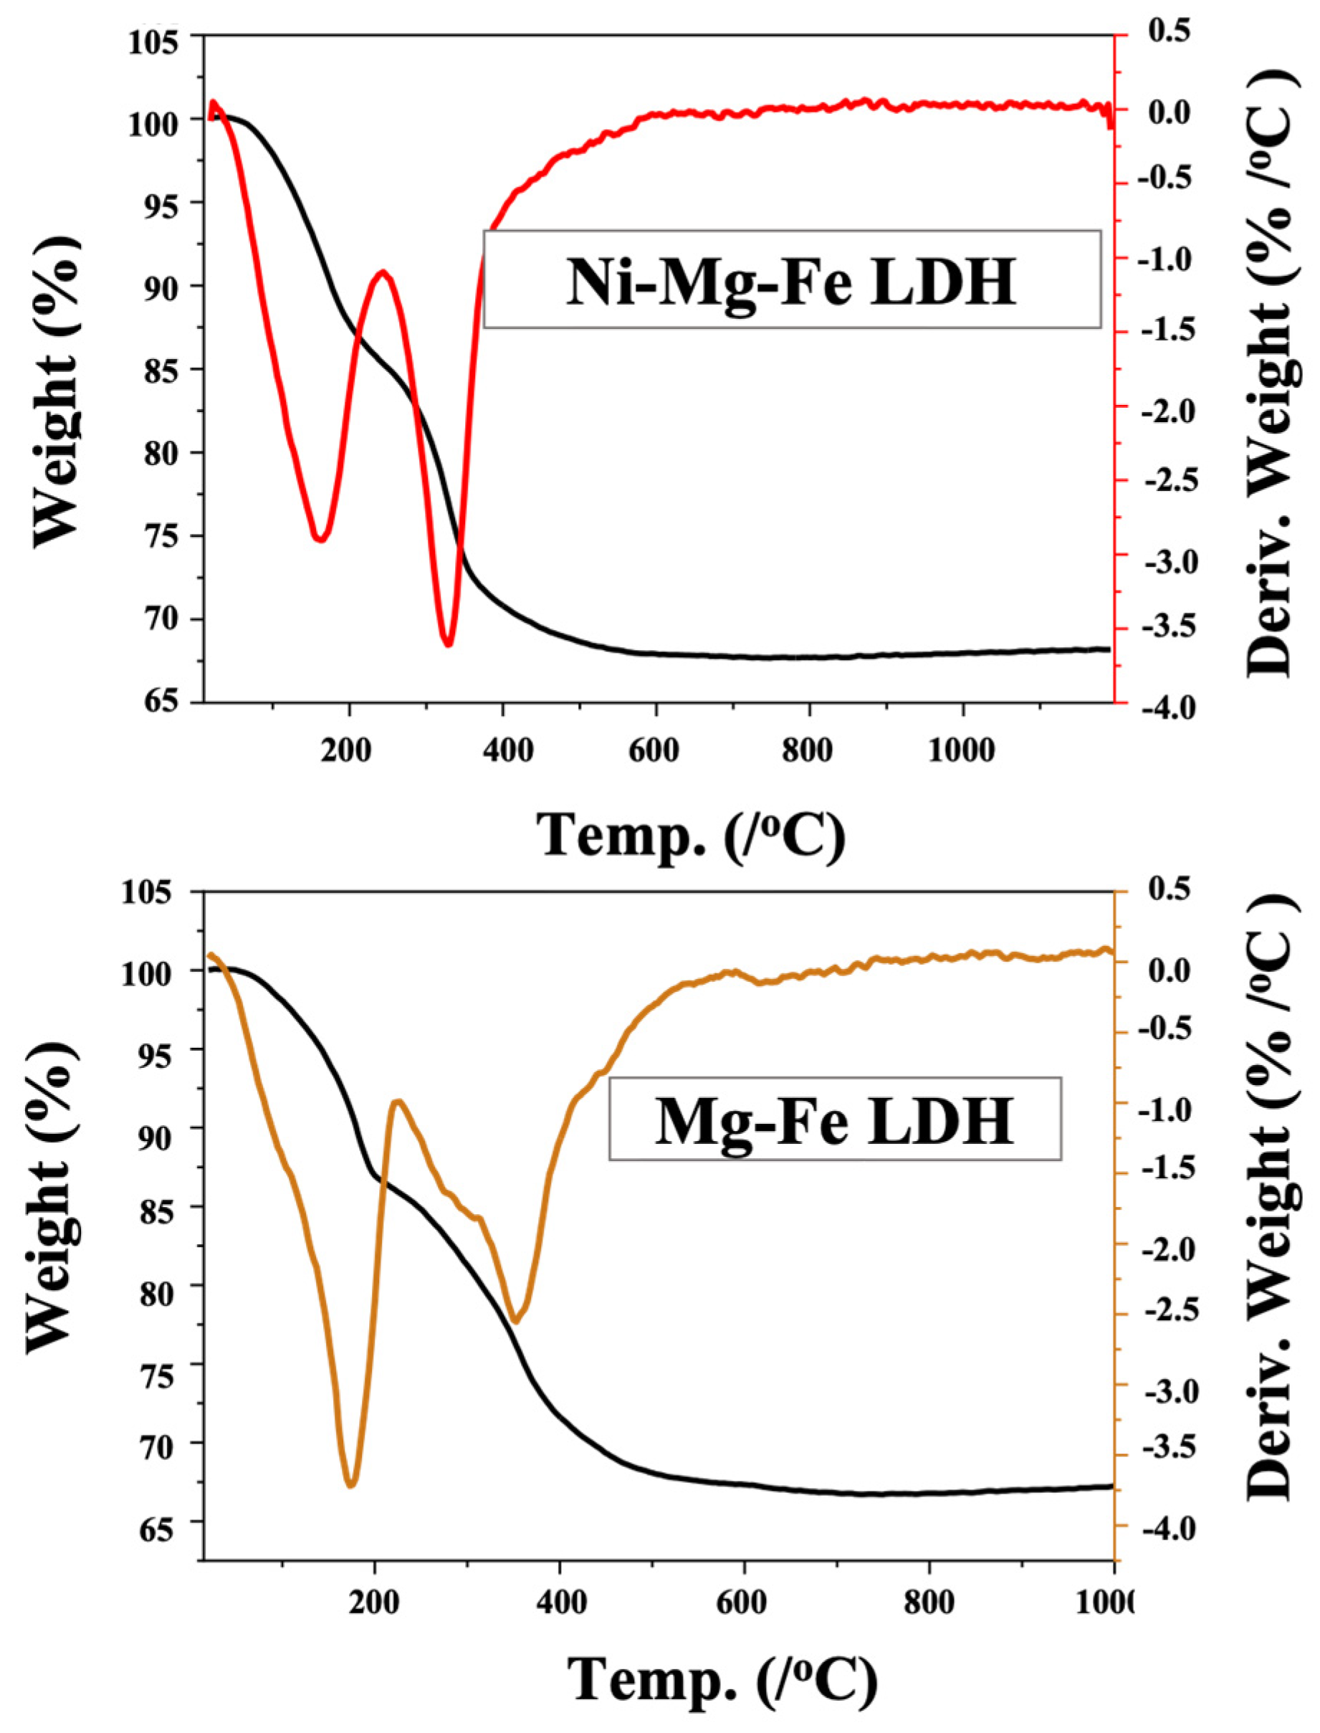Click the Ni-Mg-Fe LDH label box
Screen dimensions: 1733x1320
(x=791, y=279)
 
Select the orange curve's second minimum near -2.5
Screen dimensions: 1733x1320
(x=516, y=1321)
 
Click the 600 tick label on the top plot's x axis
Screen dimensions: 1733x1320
(x=654, y=750)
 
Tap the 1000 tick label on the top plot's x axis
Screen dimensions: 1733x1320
(x=961, y=750)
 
